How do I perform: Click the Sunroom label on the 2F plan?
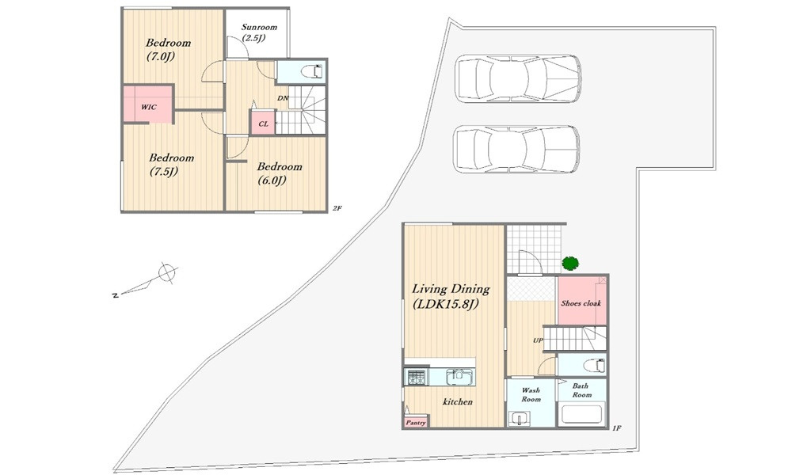coord(259,32)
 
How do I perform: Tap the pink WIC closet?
coord(148,104)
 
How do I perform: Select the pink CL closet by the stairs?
coord(263,123)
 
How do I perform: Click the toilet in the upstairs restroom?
coord(311,71)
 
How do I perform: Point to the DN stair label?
coord(283,98)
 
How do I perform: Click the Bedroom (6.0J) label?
coord(280,173)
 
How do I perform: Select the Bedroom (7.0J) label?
coord(168,49)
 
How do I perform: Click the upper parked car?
coord(518,78)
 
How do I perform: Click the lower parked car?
coord(516,149)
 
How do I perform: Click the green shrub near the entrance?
coord(570,263)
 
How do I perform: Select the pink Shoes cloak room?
coord(581,301)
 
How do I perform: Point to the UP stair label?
coord(538,340)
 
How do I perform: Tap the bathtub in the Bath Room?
coord(581,414)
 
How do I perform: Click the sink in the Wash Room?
coord(519,418)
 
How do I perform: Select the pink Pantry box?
coord(416,422)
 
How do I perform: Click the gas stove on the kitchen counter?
coord(416,377)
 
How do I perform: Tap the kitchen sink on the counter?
coord(458,377)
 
